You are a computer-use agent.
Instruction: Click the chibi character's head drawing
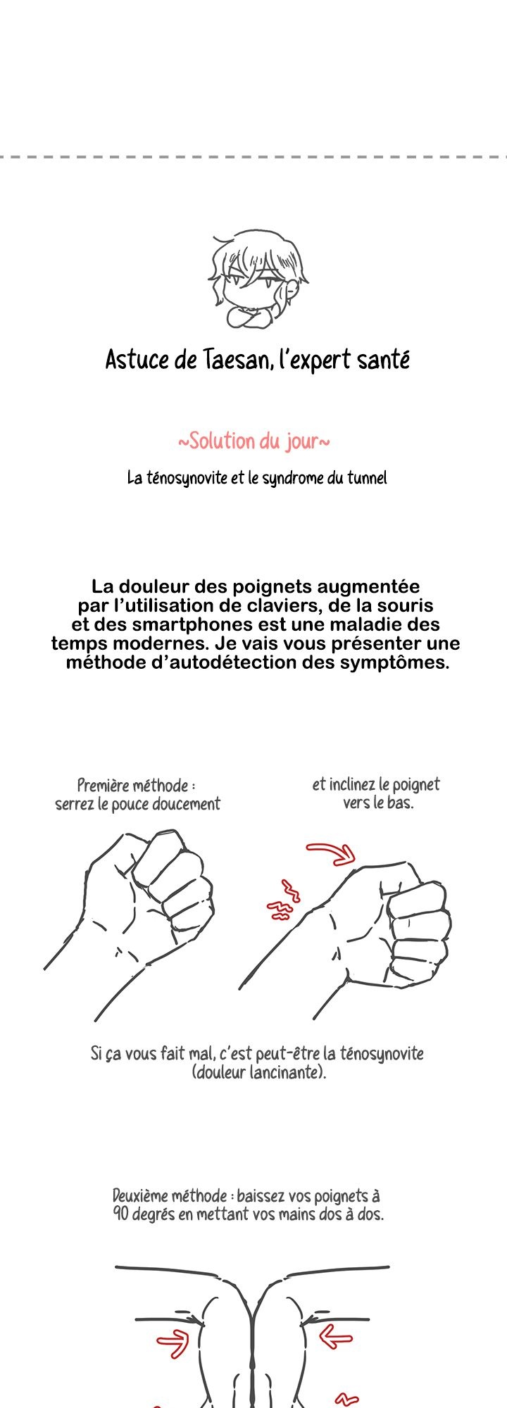point(258,279)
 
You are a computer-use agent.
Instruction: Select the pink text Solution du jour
point(254,441)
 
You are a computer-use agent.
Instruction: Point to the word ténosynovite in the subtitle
point(188,478)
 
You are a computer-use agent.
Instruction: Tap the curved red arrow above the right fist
point(331,852)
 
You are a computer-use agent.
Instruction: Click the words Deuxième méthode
point(169,1196)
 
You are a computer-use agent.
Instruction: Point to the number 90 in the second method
point(120,1214)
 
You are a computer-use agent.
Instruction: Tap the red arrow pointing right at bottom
point(173,1343)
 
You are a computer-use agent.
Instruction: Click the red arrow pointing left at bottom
point(337,1336)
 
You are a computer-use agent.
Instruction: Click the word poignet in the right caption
point(416,785)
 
